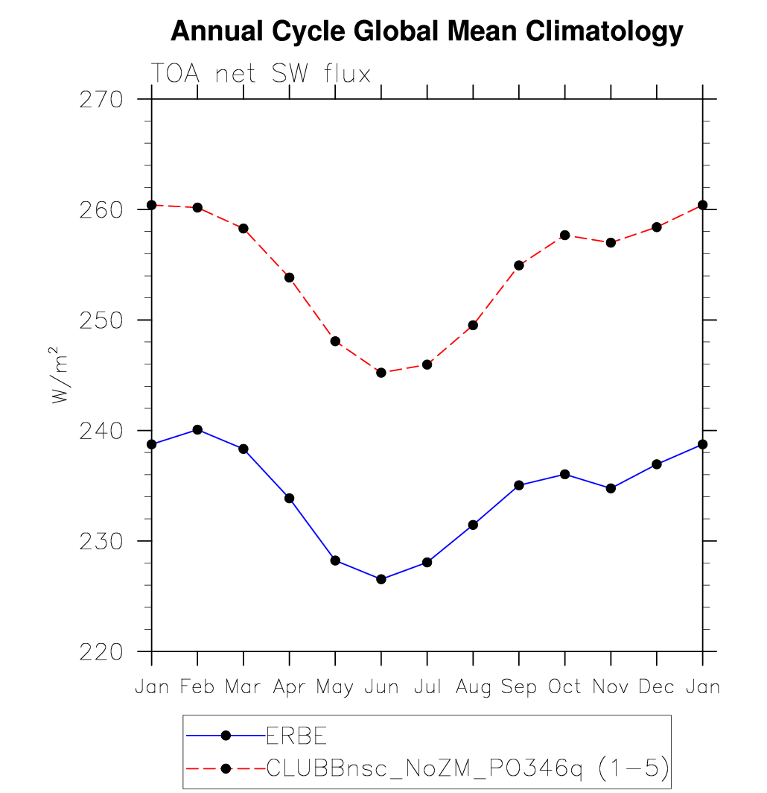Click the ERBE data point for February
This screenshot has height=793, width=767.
pos(197,429)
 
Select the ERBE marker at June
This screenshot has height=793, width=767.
pos(381,579)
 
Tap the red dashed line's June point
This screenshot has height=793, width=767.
pos(381,373)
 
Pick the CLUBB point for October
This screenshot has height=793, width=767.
pos(564,236)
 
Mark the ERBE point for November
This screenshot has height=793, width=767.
pos(611,488)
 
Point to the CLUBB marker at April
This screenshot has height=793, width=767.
pos(289,277)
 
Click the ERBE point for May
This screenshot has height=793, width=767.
pos(335,560)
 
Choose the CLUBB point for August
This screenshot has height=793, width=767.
pos(473,325)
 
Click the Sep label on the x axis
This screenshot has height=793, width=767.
pos(519,687)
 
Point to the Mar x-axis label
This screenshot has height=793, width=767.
pos(244,687)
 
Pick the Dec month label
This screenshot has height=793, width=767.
pos(657,687)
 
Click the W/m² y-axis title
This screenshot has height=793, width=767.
pos(60,376)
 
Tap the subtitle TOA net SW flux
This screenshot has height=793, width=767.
pos(261,74)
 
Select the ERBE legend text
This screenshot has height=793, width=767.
pos(296,736)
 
